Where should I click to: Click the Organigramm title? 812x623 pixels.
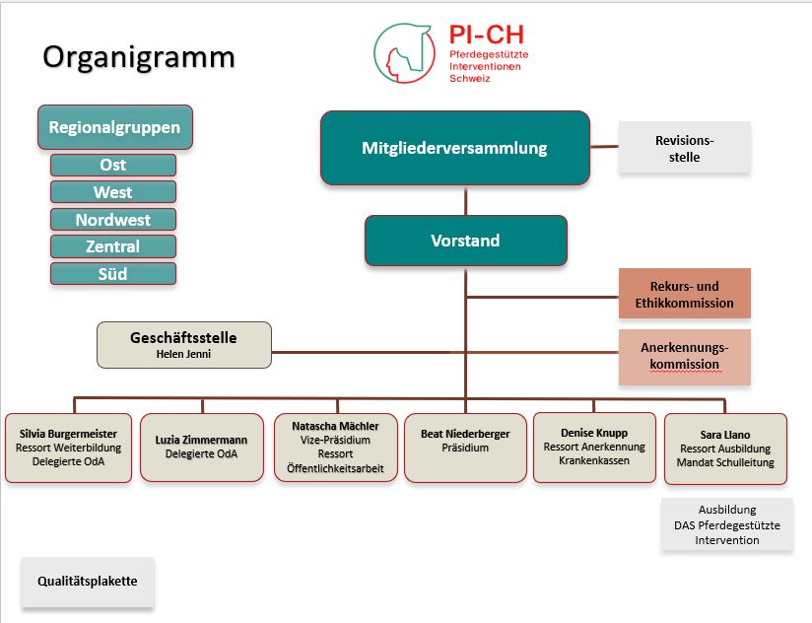tap(139, 57)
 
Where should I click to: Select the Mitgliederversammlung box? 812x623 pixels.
tap(454, 148)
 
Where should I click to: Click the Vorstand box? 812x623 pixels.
tap(465, 241)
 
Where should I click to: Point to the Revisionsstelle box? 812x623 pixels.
tap(684, 148)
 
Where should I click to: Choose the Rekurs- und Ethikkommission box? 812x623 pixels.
tap(684, 295)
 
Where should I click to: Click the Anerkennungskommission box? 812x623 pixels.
tap(684, 356)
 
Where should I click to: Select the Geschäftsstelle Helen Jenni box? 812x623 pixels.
tap(183, 345)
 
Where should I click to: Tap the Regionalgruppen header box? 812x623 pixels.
tap(114, 127)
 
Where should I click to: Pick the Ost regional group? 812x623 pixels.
tap(113, 165)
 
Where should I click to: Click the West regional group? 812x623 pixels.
tap(113, 192)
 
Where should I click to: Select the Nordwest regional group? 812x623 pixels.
tap(113, 219)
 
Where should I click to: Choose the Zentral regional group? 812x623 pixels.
tap(113, 246)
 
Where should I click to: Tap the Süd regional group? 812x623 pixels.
tap(113, 273)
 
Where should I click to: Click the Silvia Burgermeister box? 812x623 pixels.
tap(68, 448)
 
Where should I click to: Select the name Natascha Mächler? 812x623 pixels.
tap(335, 426)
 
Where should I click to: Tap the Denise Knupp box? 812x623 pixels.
tap(594, 447)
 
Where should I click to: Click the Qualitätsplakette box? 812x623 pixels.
tap(88, 582)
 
